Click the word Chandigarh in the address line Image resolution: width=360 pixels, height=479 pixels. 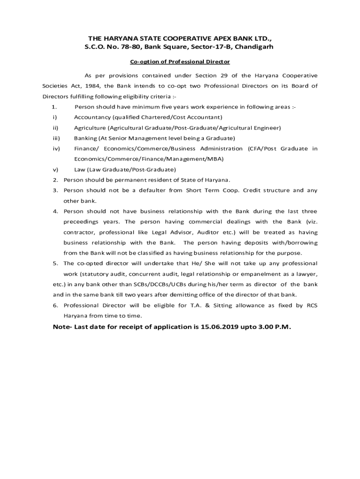point(253,47)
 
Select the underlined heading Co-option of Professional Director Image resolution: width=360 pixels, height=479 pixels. point(180,62)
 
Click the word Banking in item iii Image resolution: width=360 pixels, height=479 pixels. point(85,138)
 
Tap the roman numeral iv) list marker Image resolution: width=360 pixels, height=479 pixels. point(56,148)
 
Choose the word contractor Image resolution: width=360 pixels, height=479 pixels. point(79,232)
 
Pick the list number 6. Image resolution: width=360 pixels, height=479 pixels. point(55,305)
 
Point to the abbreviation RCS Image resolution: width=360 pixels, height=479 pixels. point(312,305)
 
